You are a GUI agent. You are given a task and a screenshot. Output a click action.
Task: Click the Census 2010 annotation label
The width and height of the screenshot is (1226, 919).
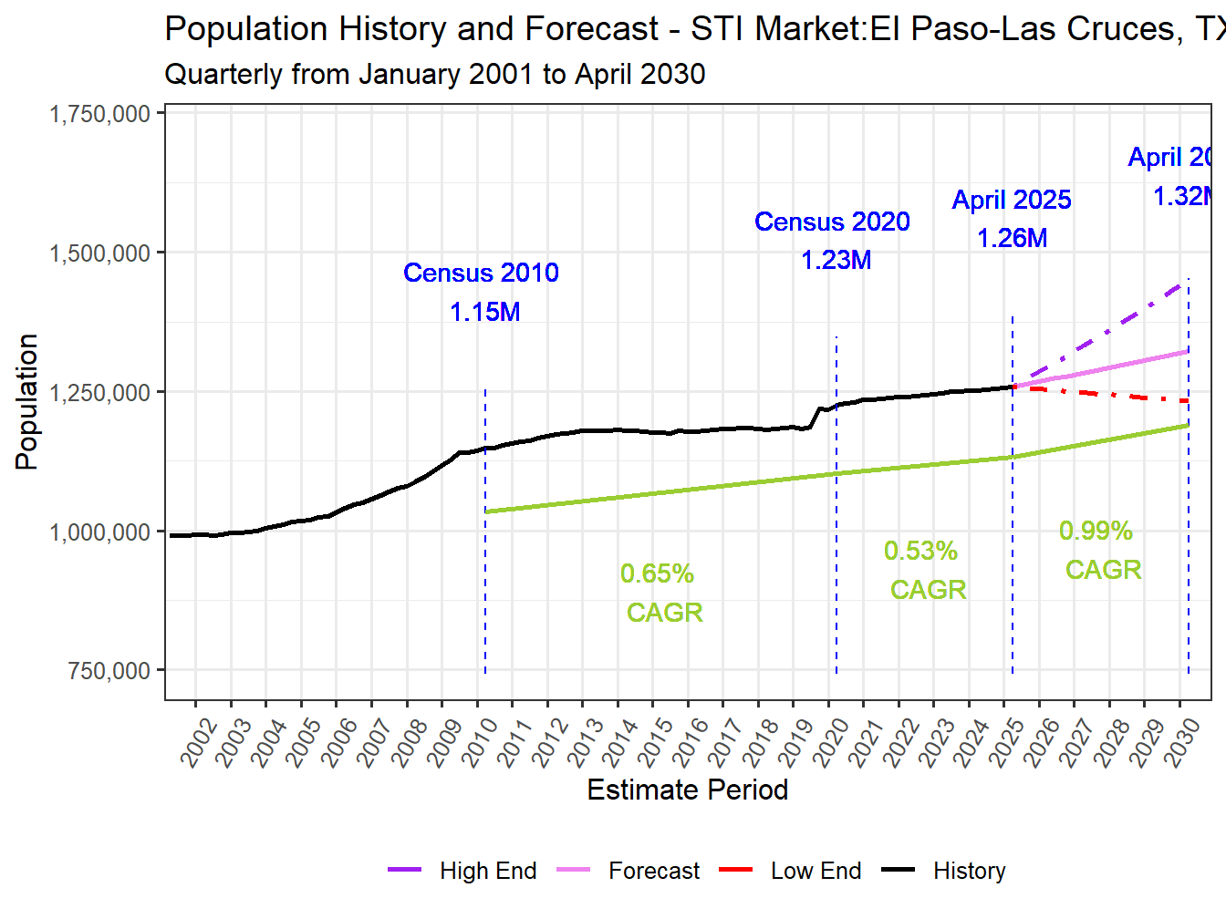point(481,273)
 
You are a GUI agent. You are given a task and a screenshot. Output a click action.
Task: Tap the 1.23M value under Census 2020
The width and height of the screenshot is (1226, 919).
point(836,260)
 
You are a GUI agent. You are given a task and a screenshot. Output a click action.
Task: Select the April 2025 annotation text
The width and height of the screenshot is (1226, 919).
point(1011,200)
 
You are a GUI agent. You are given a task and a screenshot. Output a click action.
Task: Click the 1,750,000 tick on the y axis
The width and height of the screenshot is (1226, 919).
point(99,114)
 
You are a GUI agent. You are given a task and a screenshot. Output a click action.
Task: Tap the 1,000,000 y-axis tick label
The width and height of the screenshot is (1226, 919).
point(99,532)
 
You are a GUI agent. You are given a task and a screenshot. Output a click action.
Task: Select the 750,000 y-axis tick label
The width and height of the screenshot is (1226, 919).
point(109,671)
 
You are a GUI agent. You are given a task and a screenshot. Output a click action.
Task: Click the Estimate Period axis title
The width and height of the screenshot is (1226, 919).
point(687,790)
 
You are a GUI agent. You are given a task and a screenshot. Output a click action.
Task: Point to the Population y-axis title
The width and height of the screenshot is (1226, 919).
point(26,401)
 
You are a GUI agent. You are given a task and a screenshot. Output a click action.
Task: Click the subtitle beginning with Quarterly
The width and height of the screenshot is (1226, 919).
point(434,74)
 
